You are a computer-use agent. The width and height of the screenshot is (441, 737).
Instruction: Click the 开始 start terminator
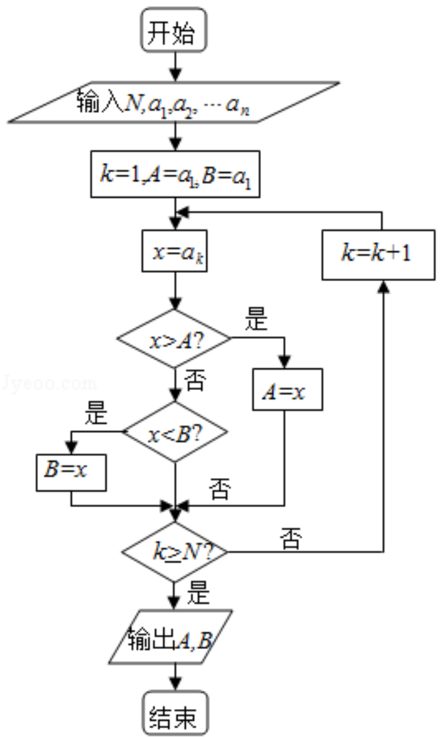(174, 29)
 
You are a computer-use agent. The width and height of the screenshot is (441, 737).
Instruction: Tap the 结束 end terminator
(175, 712)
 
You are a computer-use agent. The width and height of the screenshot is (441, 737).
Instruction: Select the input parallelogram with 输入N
(174, 103)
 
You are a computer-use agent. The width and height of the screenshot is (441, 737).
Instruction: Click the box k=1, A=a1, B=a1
(175, 174)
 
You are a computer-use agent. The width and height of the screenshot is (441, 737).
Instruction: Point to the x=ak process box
(175, 251)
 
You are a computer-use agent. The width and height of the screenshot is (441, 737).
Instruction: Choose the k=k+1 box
(378, 255)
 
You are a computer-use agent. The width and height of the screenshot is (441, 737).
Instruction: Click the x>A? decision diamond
(174, 338)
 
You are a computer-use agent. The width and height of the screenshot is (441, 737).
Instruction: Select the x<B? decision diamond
(175, 432)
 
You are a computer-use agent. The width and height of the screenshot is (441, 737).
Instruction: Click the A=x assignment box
(287, 389)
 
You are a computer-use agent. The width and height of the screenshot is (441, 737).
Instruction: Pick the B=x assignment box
(72, 472)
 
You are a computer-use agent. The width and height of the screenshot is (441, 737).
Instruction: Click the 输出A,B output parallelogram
(170, 637)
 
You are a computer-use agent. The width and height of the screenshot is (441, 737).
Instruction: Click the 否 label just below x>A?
(195, 381)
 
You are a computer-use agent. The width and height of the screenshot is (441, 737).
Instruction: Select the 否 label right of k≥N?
(291, 539)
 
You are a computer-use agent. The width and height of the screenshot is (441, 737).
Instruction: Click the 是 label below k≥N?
(198, 592)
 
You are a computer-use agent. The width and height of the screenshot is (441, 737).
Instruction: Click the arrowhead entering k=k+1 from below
(383, 286)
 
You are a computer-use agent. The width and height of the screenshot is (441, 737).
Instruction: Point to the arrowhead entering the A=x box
(284, 362)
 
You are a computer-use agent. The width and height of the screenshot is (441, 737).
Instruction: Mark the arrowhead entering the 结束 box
(175, 684)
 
